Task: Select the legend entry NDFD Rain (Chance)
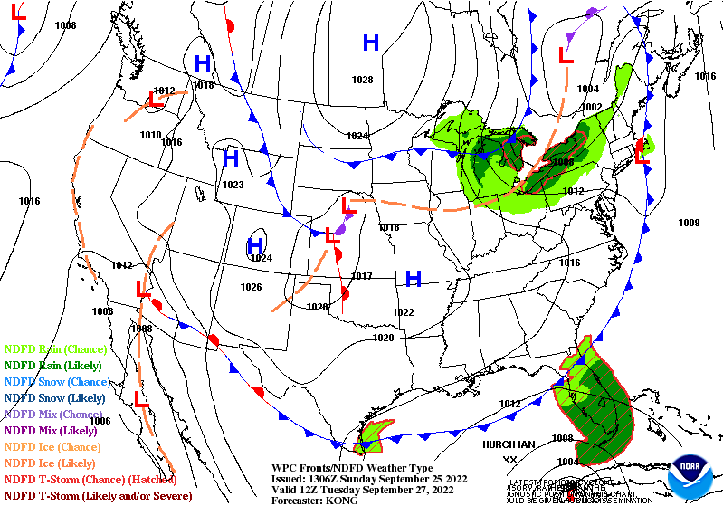tap(56, 348)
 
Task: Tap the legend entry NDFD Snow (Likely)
tap(55, 397)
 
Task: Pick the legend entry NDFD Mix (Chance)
tap(53, 414)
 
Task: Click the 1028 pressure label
tap(362, 81)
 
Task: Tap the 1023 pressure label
tap(233, 185)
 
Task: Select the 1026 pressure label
tap(251, 287)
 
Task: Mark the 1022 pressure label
tap(403, 312)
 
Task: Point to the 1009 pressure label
tap(689, 223)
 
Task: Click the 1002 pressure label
tap(592, 107)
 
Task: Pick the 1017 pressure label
tap(362, 276)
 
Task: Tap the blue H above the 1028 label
tap(370, 43)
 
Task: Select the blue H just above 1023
tap(231, 158)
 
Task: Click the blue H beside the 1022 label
tap(414, 279)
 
